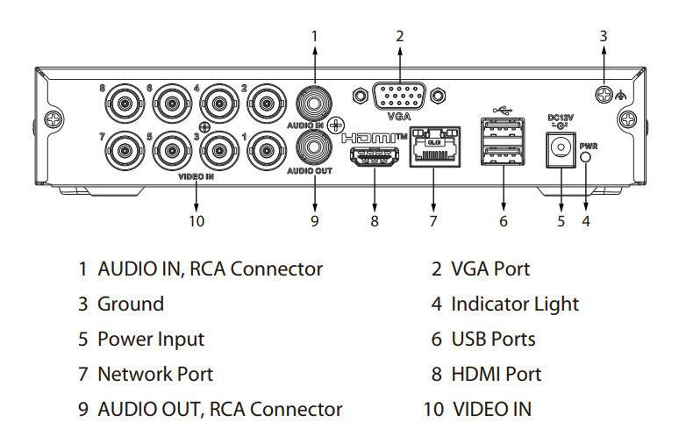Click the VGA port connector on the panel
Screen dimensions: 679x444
coord(398,97)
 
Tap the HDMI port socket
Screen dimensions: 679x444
coord(375,156)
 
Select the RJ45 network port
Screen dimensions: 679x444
coord(435,147)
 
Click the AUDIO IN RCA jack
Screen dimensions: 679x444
coord(314,104)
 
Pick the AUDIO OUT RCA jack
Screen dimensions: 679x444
coord(314,147)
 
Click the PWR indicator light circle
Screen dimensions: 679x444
coord(585,157)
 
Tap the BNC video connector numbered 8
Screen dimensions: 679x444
coord(125,104)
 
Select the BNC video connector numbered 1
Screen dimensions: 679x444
coord(267,150)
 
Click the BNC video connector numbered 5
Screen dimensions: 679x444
coord(172,150)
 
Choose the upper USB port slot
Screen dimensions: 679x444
coord(503,130)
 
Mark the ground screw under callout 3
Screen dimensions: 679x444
coord(604,94)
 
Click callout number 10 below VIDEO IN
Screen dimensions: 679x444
coord(197,221)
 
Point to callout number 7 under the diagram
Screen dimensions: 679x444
coord(433,221)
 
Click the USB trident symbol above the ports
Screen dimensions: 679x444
coord(503,110)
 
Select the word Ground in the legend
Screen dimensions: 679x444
coord(131,304)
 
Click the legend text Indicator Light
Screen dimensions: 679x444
coord(515,304)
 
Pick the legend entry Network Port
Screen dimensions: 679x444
coord(155,374)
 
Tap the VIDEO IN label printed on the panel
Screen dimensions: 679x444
coord(197,176)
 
